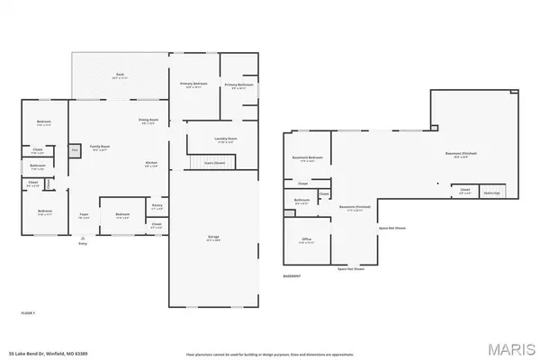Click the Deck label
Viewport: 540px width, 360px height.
119,75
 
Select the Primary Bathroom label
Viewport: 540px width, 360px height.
238,86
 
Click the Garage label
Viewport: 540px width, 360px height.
213,238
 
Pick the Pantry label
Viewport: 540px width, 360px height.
157,206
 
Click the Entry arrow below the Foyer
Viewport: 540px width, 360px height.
84,238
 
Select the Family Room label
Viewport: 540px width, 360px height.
100,147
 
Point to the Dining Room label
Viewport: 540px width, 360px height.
148,121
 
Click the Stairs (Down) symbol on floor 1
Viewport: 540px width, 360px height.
214,163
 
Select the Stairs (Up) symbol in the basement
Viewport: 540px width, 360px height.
491,192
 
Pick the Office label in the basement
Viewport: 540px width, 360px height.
307,240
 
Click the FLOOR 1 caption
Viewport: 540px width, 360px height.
29,312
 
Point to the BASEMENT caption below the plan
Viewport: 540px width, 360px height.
292,275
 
